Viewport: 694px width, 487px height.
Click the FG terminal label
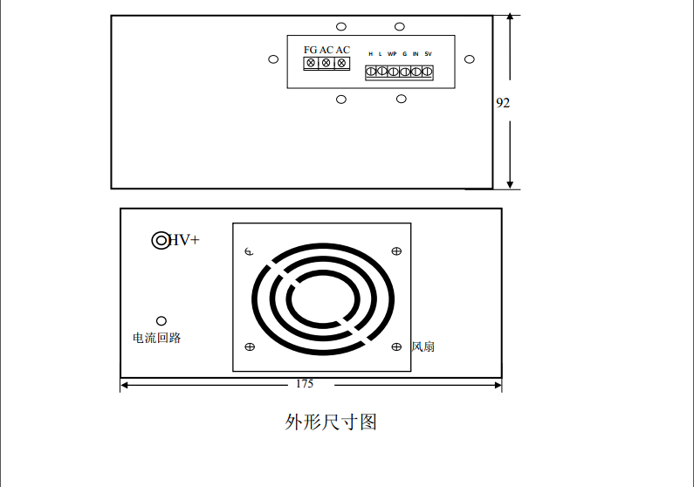click(x=310, y=50)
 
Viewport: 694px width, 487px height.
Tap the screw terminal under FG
click(x=311, y=63)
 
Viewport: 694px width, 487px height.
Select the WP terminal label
click(x=392, y=54)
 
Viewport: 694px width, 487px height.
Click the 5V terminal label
click(x=428, y=54)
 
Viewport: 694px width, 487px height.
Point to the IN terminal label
click(x=416, y=54)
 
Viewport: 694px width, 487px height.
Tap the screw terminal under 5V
click(x=427, y=72)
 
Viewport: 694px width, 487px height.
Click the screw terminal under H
click(x=371, y=72)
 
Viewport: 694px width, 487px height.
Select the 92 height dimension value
click(x=503, y=102)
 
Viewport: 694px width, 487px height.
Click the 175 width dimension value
click(x=305, y=383)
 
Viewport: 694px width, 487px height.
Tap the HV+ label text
click(x=184, y=240)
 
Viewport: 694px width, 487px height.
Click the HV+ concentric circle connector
click(x=161, y=240)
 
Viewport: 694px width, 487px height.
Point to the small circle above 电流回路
click(x=161, y=321)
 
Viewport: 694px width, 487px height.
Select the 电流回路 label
click(x=156, y=338)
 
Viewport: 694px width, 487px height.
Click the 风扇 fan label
click(x=423, y=346)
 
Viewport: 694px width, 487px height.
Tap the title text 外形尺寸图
click(x=331, y=422)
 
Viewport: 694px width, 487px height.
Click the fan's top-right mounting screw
click(x=396, y=251)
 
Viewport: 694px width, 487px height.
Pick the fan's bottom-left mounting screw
click(x=250, y=346)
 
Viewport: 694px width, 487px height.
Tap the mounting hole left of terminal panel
click(x=273, y=59)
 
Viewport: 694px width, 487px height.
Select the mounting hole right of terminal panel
click(x=470, y=59)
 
